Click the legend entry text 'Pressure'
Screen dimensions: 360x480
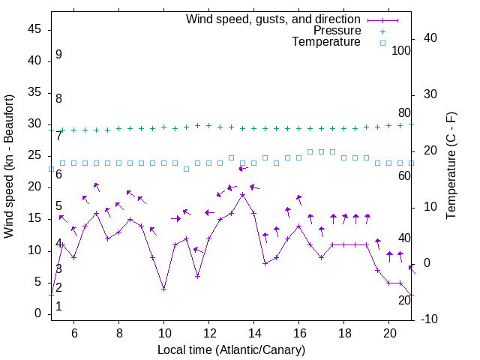pos(337,31)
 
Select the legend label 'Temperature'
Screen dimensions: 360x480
pos(326,42)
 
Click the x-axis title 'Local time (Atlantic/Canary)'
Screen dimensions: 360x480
pos(231,349)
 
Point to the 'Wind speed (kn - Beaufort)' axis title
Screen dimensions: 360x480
pos(9,167)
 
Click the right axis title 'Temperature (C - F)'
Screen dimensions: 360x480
pos(451,166)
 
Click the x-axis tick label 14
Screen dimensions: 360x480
pos(254,332)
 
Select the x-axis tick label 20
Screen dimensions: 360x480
pos(389,332)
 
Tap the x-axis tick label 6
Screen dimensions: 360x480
pos(73,332)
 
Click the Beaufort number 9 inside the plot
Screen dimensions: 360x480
pos(58,55)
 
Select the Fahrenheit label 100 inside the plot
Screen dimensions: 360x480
pos(401,51)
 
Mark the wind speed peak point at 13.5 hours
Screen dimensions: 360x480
pos(243,194)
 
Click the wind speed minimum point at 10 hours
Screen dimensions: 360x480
pos(163,289)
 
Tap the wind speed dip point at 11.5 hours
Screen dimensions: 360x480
pos(197,276)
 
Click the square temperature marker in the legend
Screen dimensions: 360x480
pos(382,43)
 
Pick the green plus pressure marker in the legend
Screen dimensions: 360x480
pos(382,31)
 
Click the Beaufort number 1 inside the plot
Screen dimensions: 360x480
pos(58,306)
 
